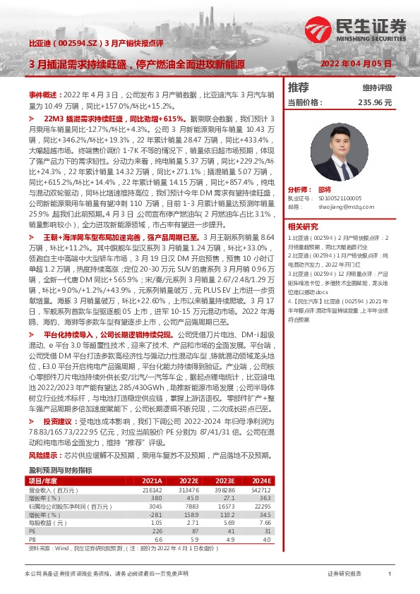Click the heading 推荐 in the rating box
pyautogui.click(x=299, y=88)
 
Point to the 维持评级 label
pyautogui.click(x=377, y=88)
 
